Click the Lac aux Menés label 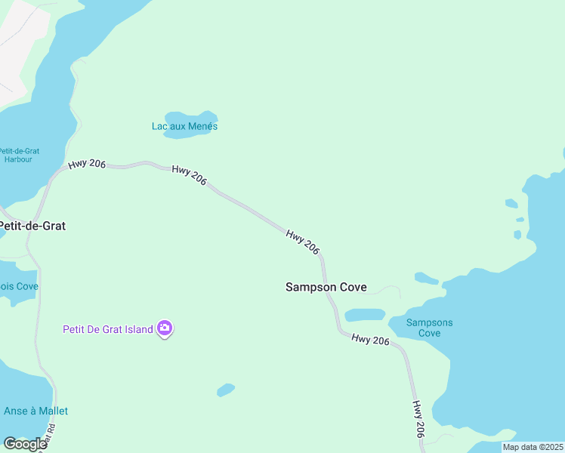click(x=184, y=126)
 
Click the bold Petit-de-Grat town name click(x=32, y=225)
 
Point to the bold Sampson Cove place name click(x=326, y=287)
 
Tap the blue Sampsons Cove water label click(x=429, y=328)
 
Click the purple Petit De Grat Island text click(x=107, y=328)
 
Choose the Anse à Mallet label click(x=36, y=411)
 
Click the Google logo click(x=25, y=444)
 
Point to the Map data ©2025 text click(x=533, y=447)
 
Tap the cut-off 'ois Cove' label click(x=19, y=286)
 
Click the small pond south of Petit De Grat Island click(x=225, y=390)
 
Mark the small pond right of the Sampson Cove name click(x=365, y=314)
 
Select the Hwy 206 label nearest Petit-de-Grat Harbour click(x=86, y=164)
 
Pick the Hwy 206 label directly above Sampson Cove click(x=303, y=242)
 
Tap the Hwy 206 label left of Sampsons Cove click(x=370, y=340)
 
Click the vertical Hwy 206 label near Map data click(x=418, y=419)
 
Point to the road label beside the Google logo click(x=51, y=437)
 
